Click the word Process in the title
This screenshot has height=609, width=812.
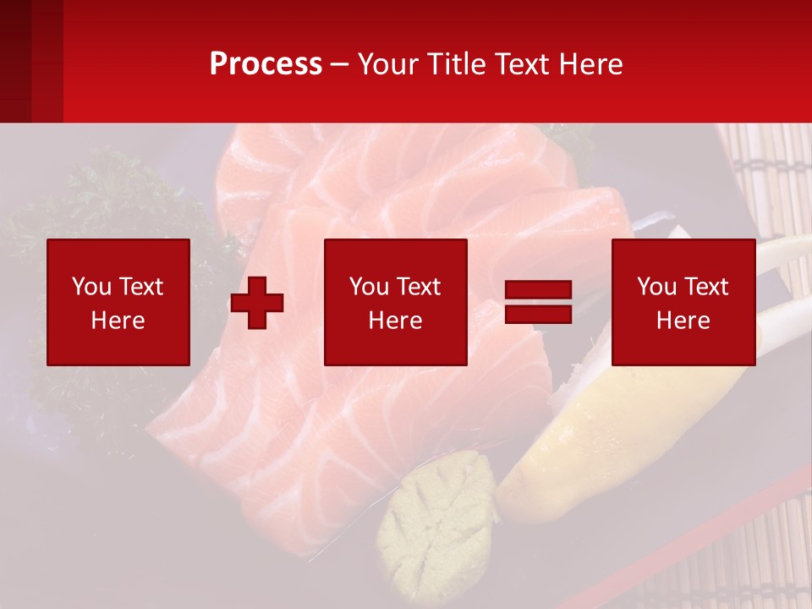tap(266, 64)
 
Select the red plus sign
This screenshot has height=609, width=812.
tap(257, 303)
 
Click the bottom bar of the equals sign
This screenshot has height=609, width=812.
tap(538, 314)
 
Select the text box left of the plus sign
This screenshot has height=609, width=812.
tap(118, 302)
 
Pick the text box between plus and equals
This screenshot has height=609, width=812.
tap(395, 302)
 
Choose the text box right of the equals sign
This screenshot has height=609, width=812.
tap(683, 302)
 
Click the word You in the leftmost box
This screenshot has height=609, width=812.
tap(91, 287)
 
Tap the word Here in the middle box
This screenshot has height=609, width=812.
tap(395, 321)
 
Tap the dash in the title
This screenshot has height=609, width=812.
tap(340, 64)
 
